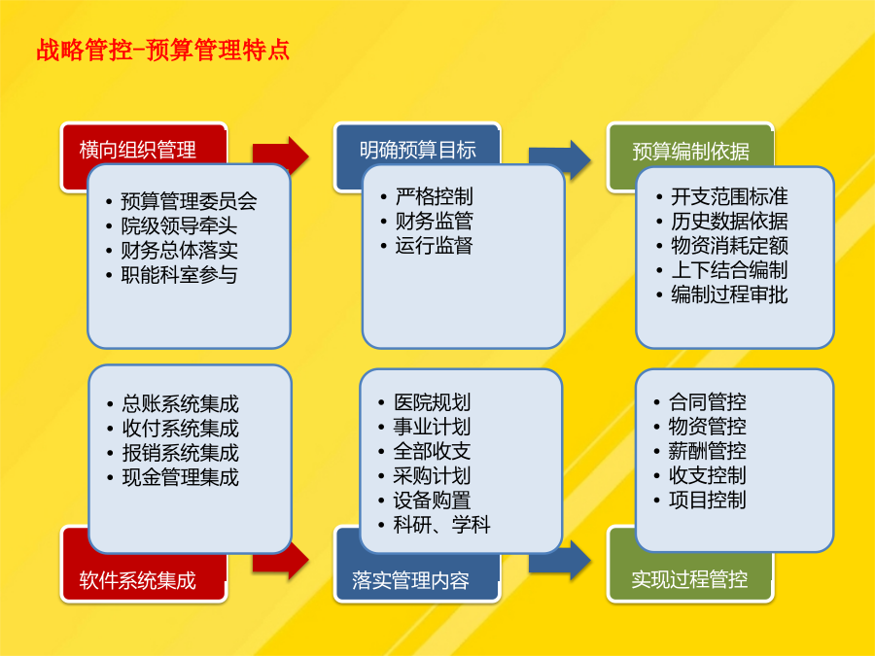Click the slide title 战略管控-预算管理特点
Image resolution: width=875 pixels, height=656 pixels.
pos(163,50)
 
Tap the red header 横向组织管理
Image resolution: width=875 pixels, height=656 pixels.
pos(137,150)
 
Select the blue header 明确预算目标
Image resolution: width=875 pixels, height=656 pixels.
pos(417,150)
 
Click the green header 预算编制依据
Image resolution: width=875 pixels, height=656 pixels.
pos(690,152)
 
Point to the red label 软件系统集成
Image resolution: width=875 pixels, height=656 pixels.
pos(137,580)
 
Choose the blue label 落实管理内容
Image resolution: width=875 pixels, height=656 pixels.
pos(410,580)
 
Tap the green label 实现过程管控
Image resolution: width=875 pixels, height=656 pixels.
pos(689,579)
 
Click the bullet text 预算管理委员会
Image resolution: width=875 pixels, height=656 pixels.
pos(189,201)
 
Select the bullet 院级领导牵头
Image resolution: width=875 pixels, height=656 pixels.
pos(179,225)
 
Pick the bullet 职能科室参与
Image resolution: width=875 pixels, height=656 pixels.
pos(179,274)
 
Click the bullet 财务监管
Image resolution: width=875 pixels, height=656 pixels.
pos(435,221)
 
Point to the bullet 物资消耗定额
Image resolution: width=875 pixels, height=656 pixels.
pos(729,246)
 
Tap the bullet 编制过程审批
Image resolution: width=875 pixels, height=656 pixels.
pos(729,294)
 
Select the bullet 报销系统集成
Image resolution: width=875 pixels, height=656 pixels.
pos(180,452)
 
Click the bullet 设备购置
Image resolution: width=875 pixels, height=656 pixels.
pos(432,500)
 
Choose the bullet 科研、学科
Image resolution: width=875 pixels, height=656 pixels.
pos(441,525)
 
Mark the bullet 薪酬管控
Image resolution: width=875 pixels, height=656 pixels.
pos(707,450)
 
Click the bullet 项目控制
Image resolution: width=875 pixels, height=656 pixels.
pos(707,500)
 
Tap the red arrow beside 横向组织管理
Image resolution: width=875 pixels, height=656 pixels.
pos(281,155)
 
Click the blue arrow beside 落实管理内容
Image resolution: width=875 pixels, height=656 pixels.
pos(560,561)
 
